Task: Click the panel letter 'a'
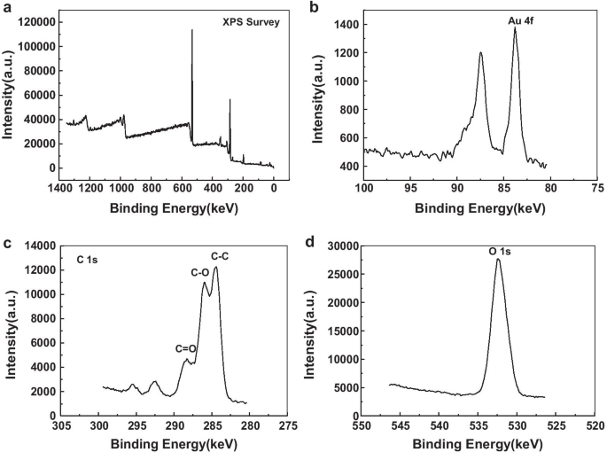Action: [x=6, y=8]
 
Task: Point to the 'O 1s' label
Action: [x=500, y=252]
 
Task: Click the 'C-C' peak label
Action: [x=219, y=256]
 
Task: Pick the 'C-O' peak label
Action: [x=200, y=273]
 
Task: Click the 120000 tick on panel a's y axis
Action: [x=37, y=22]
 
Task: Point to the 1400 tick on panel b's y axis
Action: [x=346, y=25]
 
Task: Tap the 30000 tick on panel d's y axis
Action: [x=340, y=245]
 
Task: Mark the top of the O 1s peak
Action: [x=498, y=260]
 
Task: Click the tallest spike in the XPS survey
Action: [x=191, y=30]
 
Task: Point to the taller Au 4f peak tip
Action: [x=515, y=27]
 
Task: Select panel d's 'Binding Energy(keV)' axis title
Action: [x=479, y=444]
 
